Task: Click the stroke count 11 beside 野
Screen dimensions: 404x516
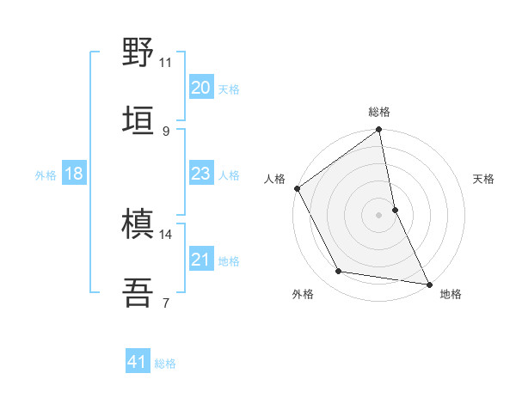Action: [x=166, y=62]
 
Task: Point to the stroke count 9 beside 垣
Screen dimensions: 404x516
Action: [x=165, y=131]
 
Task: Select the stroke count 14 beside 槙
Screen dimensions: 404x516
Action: [x=166, y=234]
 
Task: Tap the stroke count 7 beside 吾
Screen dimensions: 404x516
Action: [x=165, y=303]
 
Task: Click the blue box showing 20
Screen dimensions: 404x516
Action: [x=200, y=87]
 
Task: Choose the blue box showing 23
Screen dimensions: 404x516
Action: [x=200, y=174]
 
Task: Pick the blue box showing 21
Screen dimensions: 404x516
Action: [x=200, y=259]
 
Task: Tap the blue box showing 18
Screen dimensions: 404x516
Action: [x=74, y=174]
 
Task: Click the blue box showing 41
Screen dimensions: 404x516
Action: [x=138, y=362]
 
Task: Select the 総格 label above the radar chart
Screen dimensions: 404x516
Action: [x=379, y=112]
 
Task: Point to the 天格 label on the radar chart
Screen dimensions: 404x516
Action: [x=484, y=179]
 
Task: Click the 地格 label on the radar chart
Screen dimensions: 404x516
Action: [x=451, y=294]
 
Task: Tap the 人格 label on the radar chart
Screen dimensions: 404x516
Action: [x=275, y=179]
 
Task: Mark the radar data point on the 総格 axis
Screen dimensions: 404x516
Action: [x=379, y=131]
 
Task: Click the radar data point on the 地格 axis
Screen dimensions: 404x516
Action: [x=428, y=283]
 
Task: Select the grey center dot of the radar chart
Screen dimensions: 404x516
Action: [x=379, y=214]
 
